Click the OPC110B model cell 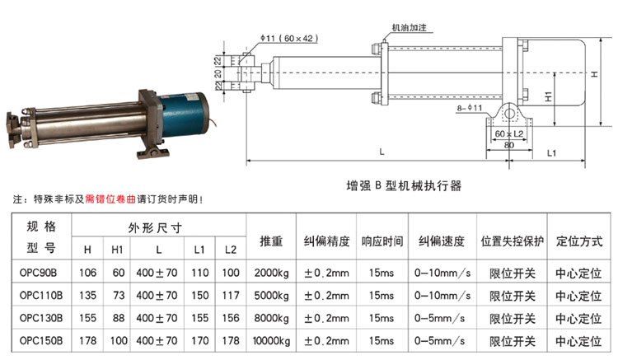(x=41, y=296)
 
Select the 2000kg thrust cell (x=271, y=273)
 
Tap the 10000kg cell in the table (x=271, y=341)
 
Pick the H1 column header (x=117, y=250)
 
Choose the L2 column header (x=231, y=250)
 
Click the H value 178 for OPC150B (x=87, y=341)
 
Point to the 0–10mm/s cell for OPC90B (x=442, y=273)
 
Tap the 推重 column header (x=271, y=241)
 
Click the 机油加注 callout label (x=409, y=27)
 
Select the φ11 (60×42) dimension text (x=289, y=38)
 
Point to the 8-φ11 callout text (x=470, y=108)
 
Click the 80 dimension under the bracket (x=509, y=145)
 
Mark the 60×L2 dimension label (x=509, y=134)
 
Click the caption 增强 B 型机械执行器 (x=404, y=185)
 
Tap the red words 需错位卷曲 (x=110, y=199)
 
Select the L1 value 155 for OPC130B (x=200, y=318)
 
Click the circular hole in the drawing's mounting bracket (x=509, y=115)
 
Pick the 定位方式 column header (x=579, y=241)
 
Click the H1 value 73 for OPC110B (x=119, y=296)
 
